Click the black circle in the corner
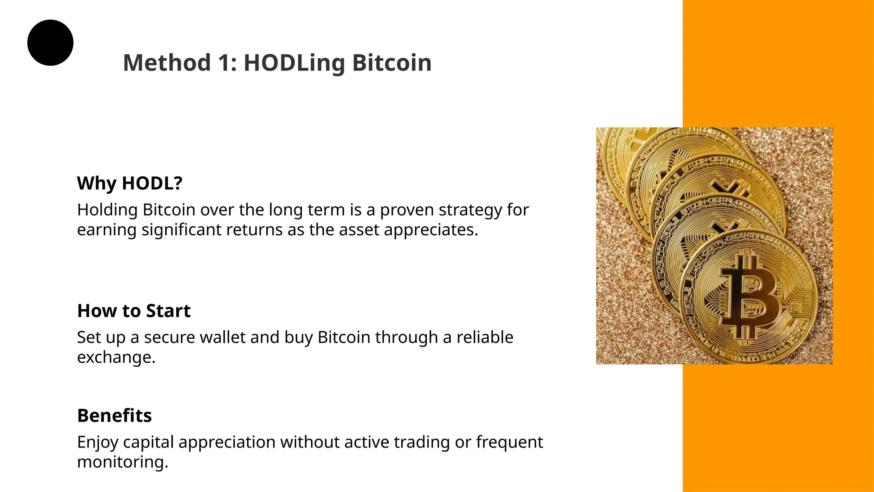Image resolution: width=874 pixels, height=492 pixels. coord(50,43)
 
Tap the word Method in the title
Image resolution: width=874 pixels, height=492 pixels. coord(167,63)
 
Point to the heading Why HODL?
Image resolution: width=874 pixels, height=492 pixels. coord(130,183)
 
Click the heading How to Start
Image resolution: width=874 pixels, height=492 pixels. coord(134,311)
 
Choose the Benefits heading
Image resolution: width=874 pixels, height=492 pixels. coord(114,416)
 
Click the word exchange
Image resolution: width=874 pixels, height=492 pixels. coord(116,357)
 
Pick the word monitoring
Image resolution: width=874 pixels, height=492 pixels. coord(122,462)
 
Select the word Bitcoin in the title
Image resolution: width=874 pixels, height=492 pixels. coord(392,63)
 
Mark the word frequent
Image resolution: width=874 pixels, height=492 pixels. coord(510,442)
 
